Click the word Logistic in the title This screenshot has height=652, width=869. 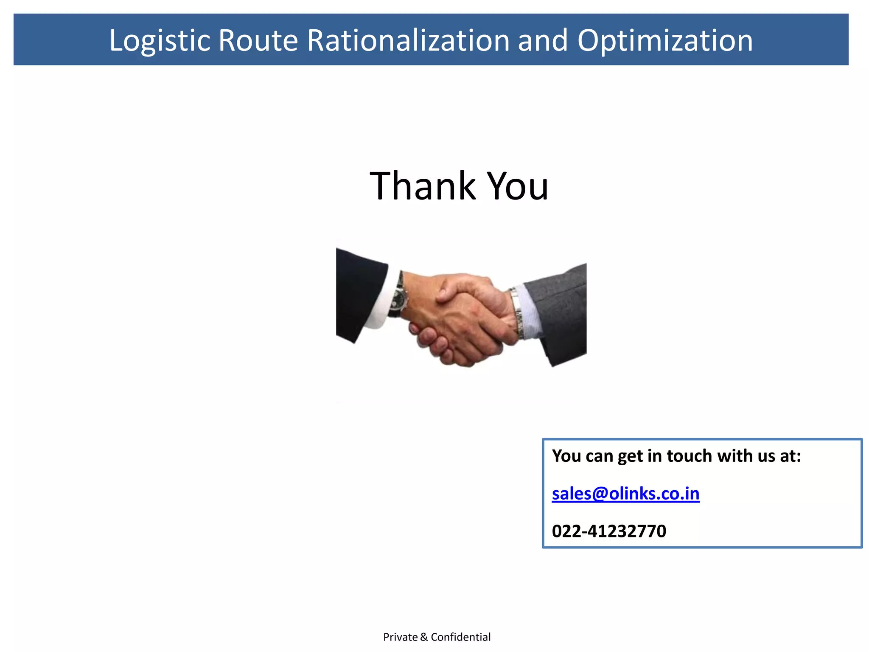(x=160, y=41)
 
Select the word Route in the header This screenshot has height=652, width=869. (x=258, y=41)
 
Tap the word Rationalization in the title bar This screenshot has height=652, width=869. (x=408, y=41)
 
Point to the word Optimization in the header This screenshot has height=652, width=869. (x=665, y=41)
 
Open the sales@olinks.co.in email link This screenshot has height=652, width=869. (x=625, y=494)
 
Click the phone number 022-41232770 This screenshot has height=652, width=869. (x=609, y=531)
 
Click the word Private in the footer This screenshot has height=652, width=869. (x=400, y=637)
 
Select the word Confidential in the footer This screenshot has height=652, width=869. (x=460, y=637)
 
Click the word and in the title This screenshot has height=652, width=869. (x=543, y=41)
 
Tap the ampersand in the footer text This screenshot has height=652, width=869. (x=424, y=637)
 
